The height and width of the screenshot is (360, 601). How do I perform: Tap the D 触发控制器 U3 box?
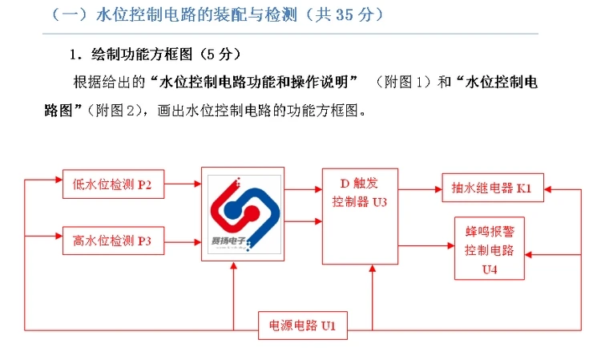(x=360, y=216)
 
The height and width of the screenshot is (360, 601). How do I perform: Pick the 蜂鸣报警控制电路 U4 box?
(x=490, y=249)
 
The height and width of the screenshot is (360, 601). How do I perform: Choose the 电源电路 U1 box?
(x=302, y=325)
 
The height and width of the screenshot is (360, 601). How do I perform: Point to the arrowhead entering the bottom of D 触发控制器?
(x=372, y=269)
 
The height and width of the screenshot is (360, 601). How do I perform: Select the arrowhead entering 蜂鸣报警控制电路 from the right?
(x=531, y=255)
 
